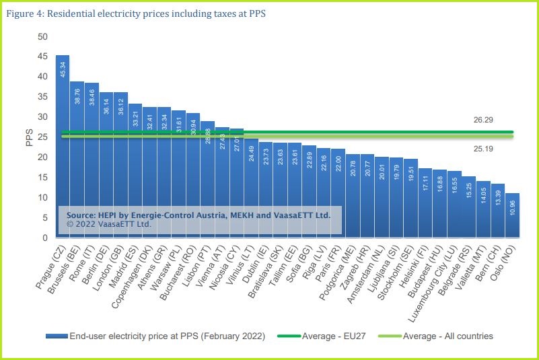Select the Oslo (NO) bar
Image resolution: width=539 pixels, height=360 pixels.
point(512,215)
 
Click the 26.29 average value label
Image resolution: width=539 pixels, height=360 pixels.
point(483,119)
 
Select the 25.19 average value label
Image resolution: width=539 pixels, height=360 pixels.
point(483,148)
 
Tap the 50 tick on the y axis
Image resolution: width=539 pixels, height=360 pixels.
point(42,36)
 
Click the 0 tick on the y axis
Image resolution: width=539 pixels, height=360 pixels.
point(44,238)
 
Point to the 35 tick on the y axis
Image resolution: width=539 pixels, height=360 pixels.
point(42,96)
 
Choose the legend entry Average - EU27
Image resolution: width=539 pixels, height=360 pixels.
point(328,336)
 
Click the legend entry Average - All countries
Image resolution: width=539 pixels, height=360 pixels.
point(447,336)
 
